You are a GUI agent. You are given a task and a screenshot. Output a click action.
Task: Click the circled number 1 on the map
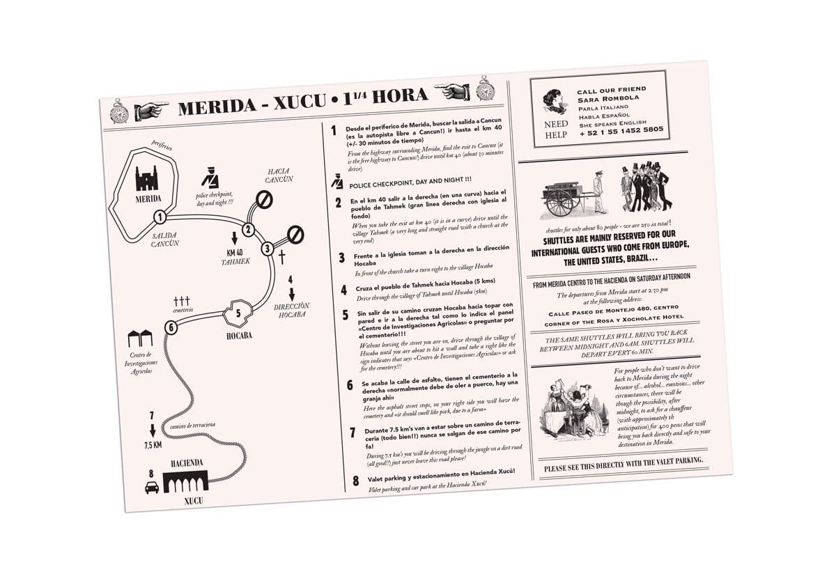coord(160,216)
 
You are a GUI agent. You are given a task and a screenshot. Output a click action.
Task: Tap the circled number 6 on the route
coord(171,326)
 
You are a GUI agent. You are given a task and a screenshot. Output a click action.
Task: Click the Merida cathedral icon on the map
coord(147,179)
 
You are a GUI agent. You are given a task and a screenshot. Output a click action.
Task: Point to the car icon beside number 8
coord(151,488)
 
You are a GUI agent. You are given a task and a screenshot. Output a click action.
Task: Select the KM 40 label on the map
coord(235,252)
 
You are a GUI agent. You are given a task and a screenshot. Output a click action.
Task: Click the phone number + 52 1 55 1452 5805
coord(621,130)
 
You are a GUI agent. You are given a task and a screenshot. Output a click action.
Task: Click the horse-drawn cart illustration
coord(566,192)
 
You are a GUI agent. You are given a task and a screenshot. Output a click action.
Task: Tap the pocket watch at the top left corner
coord(120,111)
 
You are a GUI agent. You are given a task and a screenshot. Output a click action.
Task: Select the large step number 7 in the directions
coord(353,434)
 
